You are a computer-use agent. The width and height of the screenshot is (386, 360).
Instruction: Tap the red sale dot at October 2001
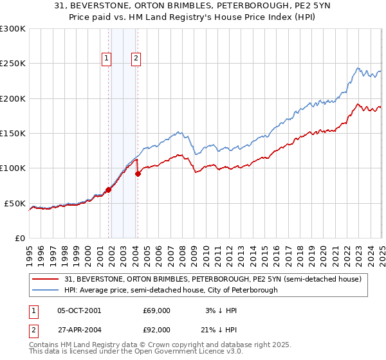coord(109,190)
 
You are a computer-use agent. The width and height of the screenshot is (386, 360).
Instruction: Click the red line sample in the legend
coord(46,279)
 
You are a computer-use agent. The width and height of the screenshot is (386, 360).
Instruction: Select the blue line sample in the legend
coord(46,291)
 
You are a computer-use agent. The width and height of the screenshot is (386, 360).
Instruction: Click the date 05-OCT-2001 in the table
coord(79,310)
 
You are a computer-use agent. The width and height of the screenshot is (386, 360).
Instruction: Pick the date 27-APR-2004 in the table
coord(79,329)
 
